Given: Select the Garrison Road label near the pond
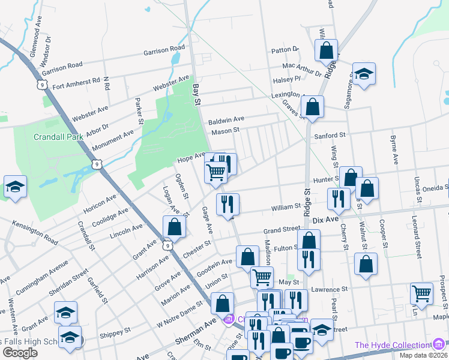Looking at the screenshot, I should click(164, 50).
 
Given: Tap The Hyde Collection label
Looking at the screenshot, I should click(392, 345).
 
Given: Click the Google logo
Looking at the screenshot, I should click(20, 352).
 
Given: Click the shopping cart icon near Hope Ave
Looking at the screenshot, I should click(215, 172).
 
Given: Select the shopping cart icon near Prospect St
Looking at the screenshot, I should click(422, 293).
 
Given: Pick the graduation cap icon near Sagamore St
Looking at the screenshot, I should click(364, 74).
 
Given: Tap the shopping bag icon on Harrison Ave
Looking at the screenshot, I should click(174, 227).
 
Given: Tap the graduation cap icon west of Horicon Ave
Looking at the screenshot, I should click(15, 187).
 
